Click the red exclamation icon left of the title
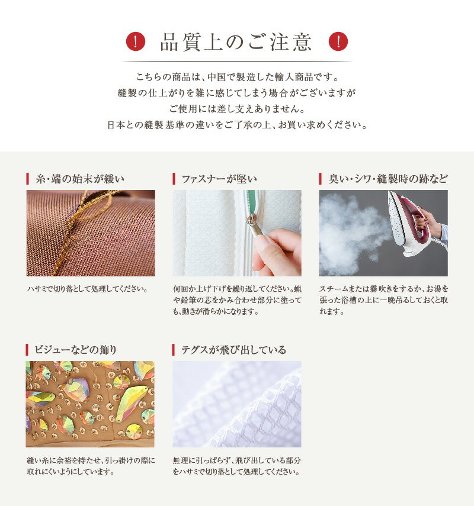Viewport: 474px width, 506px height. click(135, 41)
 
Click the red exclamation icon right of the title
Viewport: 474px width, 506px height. click(338, 41)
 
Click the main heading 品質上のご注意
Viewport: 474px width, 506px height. click(236, 42)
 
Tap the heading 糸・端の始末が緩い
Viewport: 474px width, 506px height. click(80, 179)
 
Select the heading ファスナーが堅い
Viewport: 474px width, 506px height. click(219, 179)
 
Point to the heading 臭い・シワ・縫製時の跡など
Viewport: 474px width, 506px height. click(388, 179)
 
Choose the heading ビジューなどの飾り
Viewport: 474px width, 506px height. click(76, 350)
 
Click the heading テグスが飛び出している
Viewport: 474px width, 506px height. click(233, 350)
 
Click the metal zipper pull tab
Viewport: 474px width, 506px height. click(254, 227)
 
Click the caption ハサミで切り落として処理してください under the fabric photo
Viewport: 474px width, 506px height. click(88, 289)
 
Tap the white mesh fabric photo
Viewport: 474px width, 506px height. click(237, 404)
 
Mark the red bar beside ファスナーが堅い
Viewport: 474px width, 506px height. click(174, 179)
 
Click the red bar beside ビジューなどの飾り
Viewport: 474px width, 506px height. click(27, 350)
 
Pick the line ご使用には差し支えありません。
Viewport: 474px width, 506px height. click(237, 109)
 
